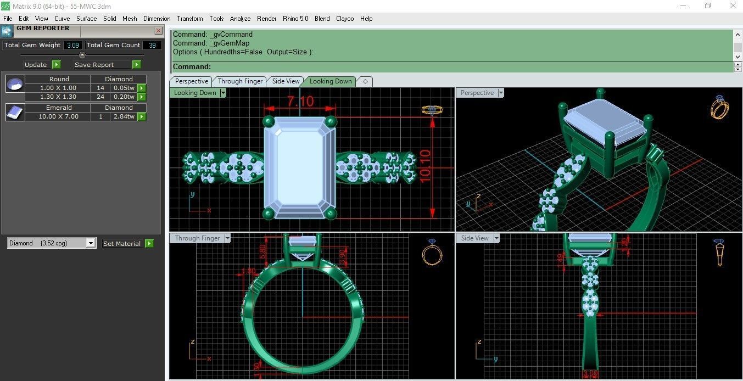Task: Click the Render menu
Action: coord(266,19)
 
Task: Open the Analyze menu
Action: coord(240,19)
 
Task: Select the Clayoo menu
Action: coord(345,19)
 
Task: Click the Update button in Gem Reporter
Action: coord(36,65)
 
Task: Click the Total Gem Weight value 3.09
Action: coord(73,45)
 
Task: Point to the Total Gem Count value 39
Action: coord(152,45)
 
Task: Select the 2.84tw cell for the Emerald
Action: coord(123,116)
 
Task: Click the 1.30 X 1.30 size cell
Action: coord(58,97)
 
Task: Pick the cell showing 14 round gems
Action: coord(100,88)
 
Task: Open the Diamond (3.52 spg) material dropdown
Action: coord(52,243)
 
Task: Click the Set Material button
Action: coord(122,244)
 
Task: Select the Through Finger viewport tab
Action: coord(240,81)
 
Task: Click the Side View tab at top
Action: coord(286,81)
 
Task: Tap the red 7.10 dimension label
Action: coord(300,102)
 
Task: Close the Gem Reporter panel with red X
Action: coord(158,31)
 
